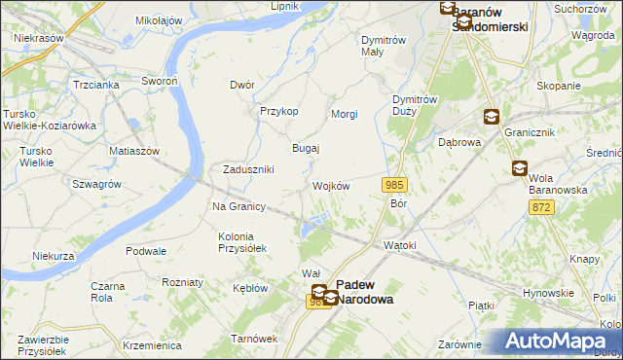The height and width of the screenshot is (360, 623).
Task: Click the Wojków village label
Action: click(x=331, y=186)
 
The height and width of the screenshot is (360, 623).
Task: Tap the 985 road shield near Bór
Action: click(x=394, y=185)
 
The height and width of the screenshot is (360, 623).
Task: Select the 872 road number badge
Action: click(x=542, y=207)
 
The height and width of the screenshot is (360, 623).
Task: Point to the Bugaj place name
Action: click(x=307, y=148)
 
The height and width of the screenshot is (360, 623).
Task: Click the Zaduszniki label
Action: click(x=248, y=169)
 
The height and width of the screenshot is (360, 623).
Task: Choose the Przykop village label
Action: click(x=278, y=111)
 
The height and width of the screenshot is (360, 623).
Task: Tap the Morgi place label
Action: click(x=345, y=115)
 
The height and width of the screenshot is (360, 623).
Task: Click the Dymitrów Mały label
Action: click(x=383, y=46)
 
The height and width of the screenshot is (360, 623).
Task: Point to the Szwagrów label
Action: click(x=96, y=184)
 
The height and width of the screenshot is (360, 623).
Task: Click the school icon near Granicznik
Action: click(x=492, y=118)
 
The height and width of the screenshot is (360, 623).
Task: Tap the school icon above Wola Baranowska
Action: click(x=519, y=169)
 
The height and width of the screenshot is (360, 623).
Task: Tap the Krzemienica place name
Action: click(x=153, y=345)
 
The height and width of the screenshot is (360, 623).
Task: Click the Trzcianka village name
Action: click(x=95, y=85)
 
